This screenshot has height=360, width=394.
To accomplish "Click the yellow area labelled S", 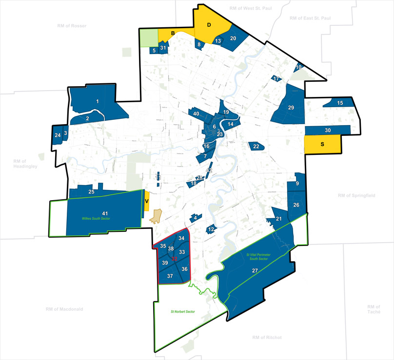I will pos(322,145).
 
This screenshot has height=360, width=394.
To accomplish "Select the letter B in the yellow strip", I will pos(173,34).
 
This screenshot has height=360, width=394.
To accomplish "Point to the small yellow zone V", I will pos(146,201).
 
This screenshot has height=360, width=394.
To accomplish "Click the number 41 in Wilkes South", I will pos(104,213).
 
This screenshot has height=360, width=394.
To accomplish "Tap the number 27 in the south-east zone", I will pos(255,270).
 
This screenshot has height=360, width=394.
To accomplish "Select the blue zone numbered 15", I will pos(340,103).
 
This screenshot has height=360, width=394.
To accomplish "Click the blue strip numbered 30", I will pos(328,130).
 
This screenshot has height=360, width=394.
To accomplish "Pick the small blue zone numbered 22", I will pos(256,146).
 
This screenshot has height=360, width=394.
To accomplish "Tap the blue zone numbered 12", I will pos(211,229).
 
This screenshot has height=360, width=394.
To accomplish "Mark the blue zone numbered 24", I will pos(58,135).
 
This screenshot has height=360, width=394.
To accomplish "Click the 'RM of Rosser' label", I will pos(71,26).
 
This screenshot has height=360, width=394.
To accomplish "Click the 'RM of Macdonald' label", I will pos(64,309).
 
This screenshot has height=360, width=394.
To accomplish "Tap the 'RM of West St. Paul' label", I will pos(249,9).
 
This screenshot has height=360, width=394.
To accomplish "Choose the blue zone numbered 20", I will pos(233,38).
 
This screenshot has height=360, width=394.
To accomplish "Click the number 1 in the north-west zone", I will pos(98,101).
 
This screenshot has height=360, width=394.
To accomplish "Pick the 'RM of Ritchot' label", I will pos(268,337).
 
